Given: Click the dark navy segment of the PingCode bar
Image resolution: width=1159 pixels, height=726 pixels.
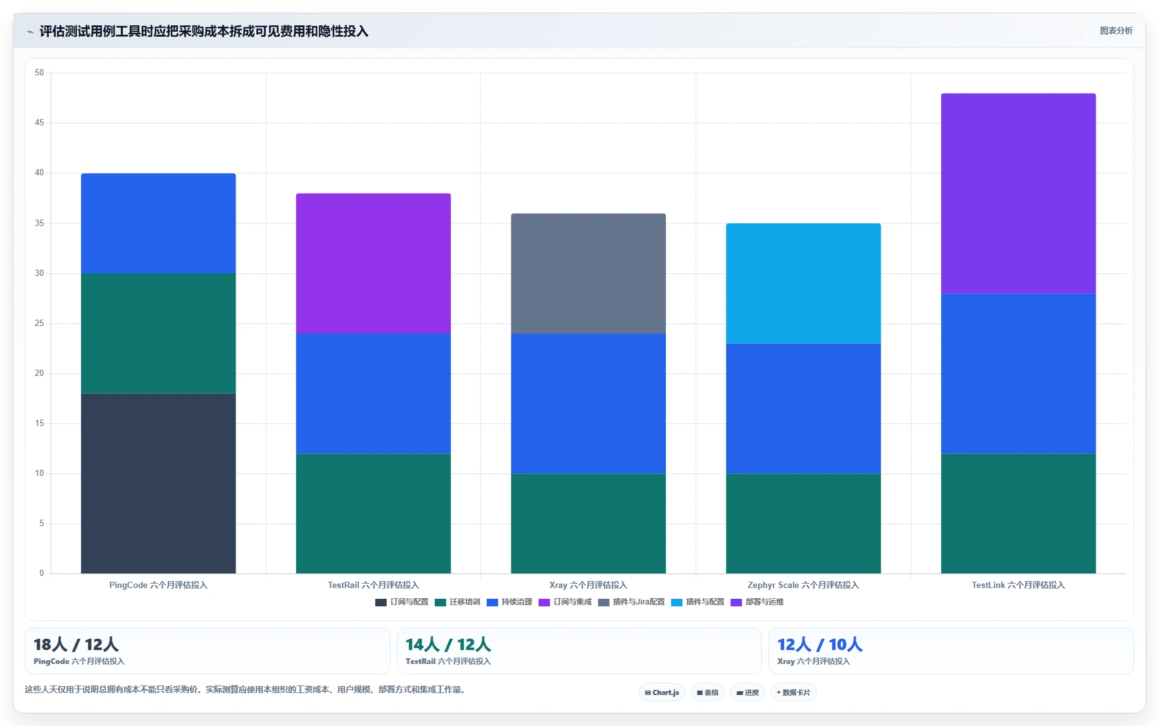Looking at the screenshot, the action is [158, 484].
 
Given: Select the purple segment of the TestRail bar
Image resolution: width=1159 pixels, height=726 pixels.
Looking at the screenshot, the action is [373, 263].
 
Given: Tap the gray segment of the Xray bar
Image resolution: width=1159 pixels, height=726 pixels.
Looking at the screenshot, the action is [588, 273].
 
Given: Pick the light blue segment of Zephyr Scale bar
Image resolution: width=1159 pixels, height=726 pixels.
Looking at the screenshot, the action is [803, 284].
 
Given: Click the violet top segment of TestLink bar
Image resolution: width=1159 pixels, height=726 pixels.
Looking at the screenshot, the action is [1018, 194].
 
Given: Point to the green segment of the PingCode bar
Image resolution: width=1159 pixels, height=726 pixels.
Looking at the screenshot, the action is [158, 334].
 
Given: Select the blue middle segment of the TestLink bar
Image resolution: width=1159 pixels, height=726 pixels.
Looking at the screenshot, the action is [1018, 373].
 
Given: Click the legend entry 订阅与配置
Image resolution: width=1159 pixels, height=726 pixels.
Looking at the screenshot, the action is [402, 602].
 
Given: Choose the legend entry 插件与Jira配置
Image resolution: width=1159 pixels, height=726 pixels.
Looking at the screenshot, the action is [632, 602].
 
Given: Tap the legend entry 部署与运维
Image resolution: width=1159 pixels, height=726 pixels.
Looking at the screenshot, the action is [757, 602].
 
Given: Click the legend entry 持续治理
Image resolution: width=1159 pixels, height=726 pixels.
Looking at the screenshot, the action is [510, 602].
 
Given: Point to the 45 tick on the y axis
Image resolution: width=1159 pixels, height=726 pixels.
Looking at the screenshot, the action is [39, 123].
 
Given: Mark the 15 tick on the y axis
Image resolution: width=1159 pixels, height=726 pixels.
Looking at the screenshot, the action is [39, 423].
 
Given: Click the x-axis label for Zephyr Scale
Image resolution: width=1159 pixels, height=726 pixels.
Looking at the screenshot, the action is [803, 585].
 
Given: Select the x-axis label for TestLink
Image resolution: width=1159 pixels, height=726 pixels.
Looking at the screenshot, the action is [1018, 585].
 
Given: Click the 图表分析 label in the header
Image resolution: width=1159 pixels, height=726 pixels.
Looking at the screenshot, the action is [1116, 30].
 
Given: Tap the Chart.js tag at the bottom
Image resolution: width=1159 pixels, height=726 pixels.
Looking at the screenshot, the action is [662, 692].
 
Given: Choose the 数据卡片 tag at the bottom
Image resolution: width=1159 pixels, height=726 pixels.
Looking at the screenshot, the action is [793, 692].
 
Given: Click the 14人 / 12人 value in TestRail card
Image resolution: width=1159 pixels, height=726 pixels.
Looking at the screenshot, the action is [448, 645].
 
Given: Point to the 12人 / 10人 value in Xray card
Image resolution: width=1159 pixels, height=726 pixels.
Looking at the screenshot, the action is [820, 645].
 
